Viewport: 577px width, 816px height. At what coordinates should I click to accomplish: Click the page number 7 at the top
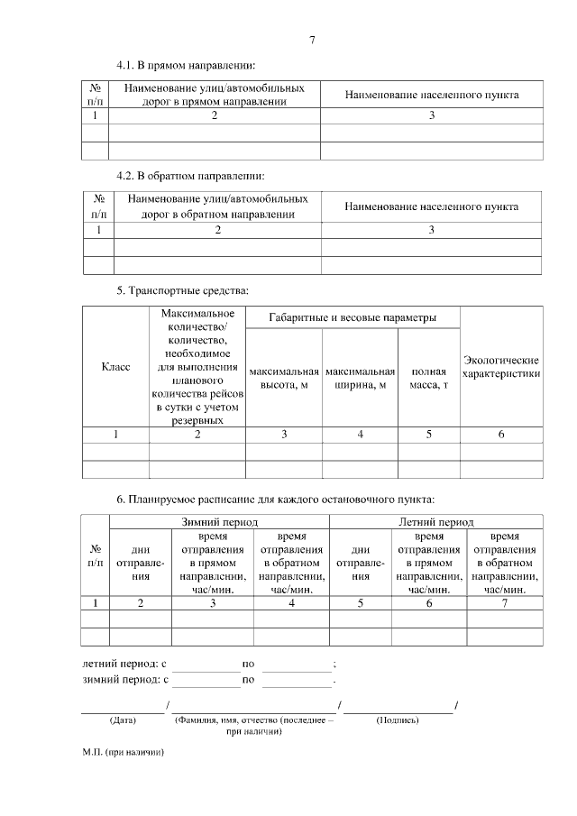312,40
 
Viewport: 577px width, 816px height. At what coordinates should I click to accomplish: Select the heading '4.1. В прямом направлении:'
186,66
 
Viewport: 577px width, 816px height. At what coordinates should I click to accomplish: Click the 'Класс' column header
115,367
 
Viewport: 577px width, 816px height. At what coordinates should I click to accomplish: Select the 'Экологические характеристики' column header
501,367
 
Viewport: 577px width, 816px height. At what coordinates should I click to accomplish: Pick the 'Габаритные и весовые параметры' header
353,317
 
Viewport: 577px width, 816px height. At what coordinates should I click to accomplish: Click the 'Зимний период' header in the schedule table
220,522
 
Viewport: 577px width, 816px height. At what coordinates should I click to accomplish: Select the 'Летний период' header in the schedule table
436,522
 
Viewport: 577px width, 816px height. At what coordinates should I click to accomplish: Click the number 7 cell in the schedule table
505,602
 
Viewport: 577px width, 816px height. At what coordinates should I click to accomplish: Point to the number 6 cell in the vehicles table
501,435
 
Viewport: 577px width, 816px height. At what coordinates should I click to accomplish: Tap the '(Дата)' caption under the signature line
122,720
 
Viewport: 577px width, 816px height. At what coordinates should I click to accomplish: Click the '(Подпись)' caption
398,720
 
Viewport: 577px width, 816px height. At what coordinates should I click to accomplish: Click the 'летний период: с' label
125,664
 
